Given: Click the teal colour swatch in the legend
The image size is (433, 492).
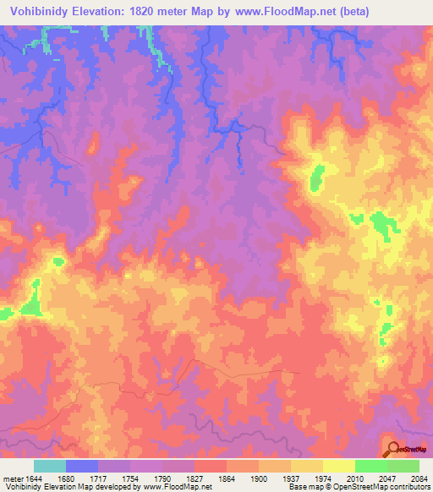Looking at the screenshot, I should (x=50, y=466).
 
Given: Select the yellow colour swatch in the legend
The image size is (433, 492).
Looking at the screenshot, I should (x=339, y=466).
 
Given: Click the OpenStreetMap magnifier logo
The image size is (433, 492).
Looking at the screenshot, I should (x=393, y=449).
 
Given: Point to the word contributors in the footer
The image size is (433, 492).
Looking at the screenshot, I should (x=410, y=487).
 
